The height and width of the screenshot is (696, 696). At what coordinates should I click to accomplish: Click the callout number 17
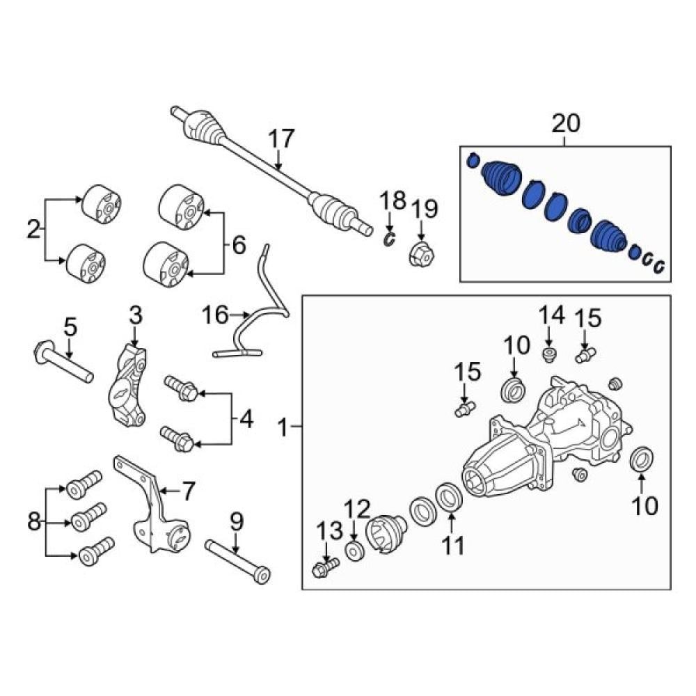coord(281,139)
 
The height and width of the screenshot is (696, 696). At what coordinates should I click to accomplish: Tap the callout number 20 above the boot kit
coord(565,123)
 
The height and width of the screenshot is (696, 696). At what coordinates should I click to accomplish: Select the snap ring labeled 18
coord(389,239)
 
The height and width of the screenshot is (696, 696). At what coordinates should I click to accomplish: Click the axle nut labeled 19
coord(421,254)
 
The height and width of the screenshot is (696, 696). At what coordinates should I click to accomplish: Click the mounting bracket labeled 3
coord(128,386)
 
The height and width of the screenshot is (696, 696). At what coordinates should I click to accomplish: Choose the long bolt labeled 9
coord(237,560)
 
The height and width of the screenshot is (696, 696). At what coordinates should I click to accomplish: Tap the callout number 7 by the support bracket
coord(189,491)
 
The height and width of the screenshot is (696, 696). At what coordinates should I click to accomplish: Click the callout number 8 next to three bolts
coord(33,521)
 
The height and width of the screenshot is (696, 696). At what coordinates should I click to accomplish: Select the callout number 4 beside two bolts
coord(246,418)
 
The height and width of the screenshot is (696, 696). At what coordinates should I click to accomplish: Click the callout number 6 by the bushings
coord(239,244)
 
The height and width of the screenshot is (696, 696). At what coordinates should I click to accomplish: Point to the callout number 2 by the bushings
coord(33,229)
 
